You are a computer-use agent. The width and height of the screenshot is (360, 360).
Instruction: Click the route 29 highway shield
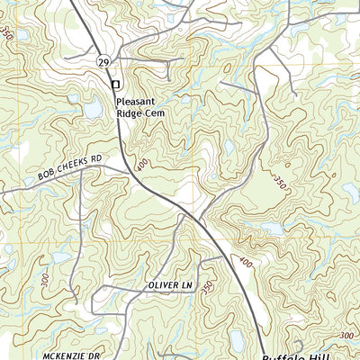[105, 60]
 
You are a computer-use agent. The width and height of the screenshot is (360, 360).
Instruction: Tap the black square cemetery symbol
[114, 84]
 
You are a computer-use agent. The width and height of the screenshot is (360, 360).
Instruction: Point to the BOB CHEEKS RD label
[71, 166]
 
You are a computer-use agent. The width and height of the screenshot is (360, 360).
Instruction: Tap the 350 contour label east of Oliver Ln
[208, 286]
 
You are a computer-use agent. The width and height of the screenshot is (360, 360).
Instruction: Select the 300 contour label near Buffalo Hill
[349, 336]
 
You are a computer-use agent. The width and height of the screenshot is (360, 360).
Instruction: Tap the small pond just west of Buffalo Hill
[236, 340]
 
